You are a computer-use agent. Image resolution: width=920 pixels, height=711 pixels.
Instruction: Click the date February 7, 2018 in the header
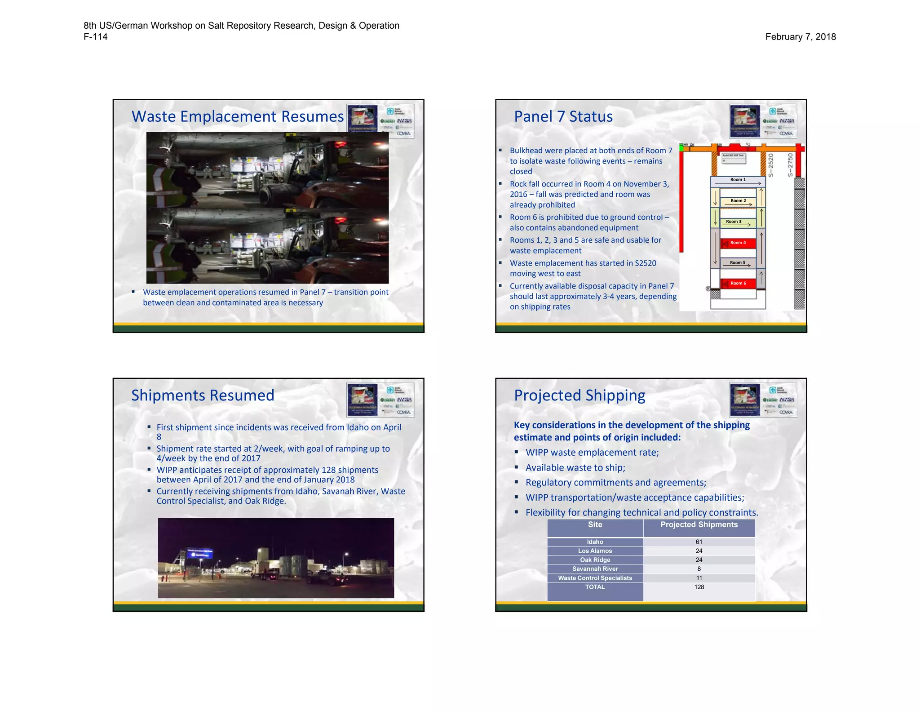(x=800, y=37)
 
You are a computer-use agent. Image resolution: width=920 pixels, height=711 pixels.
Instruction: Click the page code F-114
(x=95, y=37)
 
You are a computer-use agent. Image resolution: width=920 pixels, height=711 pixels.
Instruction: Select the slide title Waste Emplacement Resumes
(x=237, y=116)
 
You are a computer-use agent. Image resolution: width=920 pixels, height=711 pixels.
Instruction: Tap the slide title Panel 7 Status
(x=563, y=116)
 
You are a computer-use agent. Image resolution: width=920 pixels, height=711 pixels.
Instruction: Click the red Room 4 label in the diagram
(x=738, y=243)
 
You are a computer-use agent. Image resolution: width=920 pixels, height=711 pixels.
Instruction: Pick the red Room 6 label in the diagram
(x=738, y=283)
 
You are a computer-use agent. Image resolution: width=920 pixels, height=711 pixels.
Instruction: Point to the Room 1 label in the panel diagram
(x=738, y=180)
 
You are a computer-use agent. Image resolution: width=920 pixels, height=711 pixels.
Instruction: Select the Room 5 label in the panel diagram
(x=737, y=262)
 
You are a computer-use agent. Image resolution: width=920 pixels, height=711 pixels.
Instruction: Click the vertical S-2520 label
(x=771, y=165)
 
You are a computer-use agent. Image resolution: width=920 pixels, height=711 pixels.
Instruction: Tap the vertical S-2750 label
(x=791, y=165)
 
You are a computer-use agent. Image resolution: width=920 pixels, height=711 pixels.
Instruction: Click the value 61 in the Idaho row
(x=699, y=542)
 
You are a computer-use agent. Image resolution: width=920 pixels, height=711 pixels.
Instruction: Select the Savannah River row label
(x=595, y=569)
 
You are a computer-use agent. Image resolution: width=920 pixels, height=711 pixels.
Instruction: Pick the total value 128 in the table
(x=699, y=587)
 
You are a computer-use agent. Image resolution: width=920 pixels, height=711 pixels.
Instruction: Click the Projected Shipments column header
(x=699, y=524)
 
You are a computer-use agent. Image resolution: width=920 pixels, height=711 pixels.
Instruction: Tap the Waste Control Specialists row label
(x=595, y=578)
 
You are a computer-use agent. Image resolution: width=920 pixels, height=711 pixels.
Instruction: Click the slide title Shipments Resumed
(x=203, y=395)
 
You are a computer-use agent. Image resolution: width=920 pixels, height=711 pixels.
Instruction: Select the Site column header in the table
(x=595, y=524)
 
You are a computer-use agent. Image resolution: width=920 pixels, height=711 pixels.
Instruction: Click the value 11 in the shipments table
(x=699, y=578)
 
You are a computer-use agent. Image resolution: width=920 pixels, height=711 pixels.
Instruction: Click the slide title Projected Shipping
(x=579, y=395)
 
